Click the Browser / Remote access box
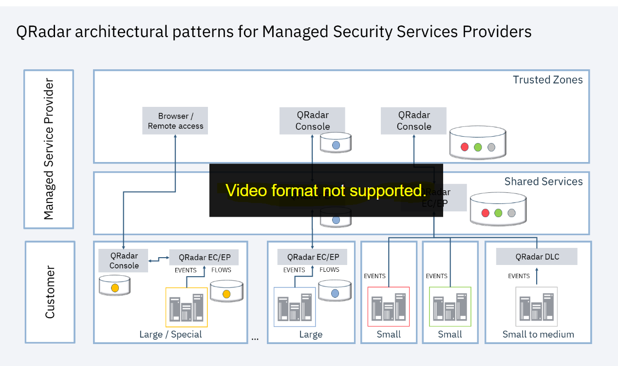(175, 121)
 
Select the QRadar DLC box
(537, 257)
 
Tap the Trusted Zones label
(547, 80)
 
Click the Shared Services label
(543, 182)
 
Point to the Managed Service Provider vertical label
(49, 149)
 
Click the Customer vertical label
(50, 292)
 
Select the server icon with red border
(389, 306)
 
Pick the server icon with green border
(450, 306)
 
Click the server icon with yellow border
(187, 307)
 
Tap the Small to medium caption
(538, 334)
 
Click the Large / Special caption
(170, 334)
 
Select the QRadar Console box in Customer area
(124, 261)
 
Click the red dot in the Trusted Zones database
(465, 147)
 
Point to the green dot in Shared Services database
(498, 213)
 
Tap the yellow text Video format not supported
(326, 190)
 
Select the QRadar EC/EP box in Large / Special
(205, 257)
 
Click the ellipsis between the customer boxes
(255, 338)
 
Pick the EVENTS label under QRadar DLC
(519, 276)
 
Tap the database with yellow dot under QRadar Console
(114, 285)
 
